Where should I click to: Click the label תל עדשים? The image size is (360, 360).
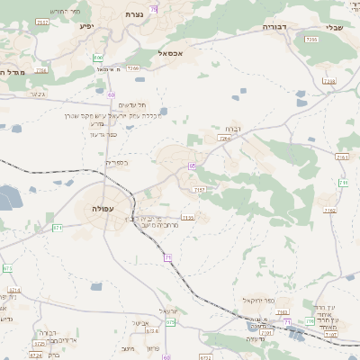(108, 105)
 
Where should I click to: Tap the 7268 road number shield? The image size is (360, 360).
(133, 67)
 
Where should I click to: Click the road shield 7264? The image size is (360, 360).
(224, 139)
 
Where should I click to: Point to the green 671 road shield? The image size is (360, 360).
(58, 228)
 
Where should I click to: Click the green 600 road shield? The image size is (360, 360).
(97, 58)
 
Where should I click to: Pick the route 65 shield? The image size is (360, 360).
(192, 166)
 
